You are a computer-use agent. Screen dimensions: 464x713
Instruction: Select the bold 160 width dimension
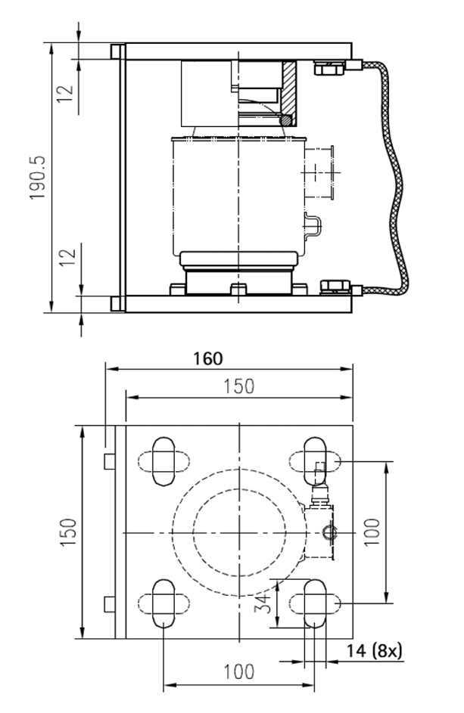[x=208, y=359]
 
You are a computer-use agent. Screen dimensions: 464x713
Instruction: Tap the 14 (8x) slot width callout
[x=374, y=651]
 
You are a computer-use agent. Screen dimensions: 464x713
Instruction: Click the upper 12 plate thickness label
[x=66, y=93]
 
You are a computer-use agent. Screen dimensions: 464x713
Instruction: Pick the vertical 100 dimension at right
[x=372, y=532]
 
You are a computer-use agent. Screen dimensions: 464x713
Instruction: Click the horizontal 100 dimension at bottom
[x=238, y=671]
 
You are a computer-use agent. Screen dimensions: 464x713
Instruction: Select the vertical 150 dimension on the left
[x=68, y=532]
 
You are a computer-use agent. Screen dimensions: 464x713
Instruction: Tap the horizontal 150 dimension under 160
[x=238, y=386]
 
